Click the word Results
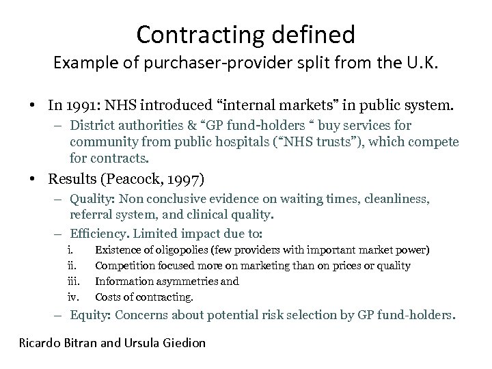[x=72, y=179]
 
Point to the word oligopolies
[x=172, y=249]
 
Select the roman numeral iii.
[x=74, y=281]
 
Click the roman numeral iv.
[x=74, y=297]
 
